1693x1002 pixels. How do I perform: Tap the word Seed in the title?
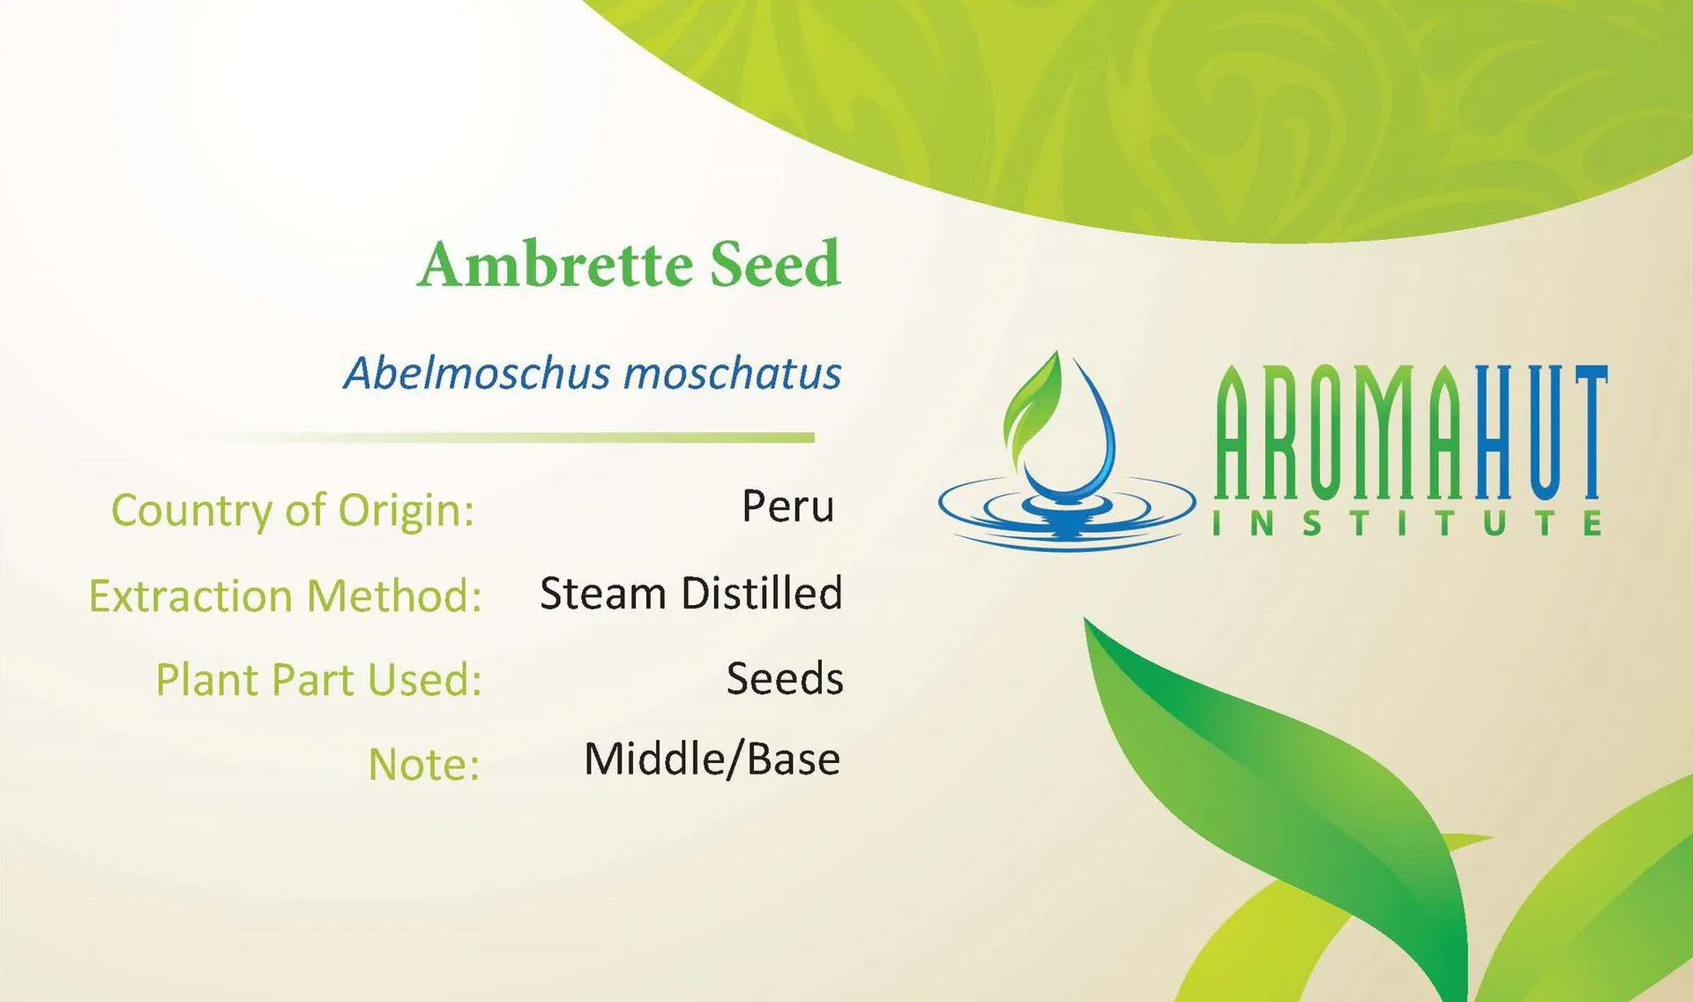pyautogui.click(x=775, y=265)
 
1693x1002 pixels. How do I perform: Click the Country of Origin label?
pyautogui.click(x=293, y=511)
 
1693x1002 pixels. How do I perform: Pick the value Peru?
pyautogui.click(x=787, y=506)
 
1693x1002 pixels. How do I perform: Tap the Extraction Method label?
pyautogui.click(x=285, y=596)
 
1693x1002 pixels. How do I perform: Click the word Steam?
pyautogui.click(x=602, y=593)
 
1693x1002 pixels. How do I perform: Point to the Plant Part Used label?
pyautogui.click(x=318, y=680)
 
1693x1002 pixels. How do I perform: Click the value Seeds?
pyautogui.click(x=785, y=678)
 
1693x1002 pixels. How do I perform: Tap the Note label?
pyautogui.click(x=423, y=764)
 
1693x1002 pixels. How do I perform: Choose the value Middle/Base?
pyautogui.click(x=712, y=759)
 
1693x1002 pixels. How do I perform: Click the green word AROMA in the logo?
pyautogui.click(x=1345, y=432)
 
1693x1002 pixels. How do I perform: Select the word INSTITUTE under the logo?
pyautogui.click(x=1406, y=524)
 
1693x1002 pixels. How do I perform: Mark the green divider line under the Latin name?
pyautogui.click(x=529, y=437)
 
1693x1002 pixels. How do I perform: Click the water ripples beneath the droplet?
pyautogui.click(x=1067, y=516)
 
